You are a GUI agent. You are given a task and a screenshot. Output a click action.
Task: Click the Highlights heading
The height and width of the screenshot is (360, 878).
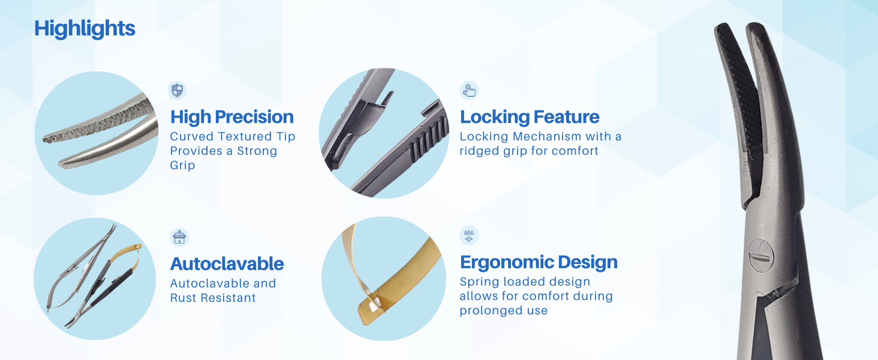pyautogui.click(x=85, y=29)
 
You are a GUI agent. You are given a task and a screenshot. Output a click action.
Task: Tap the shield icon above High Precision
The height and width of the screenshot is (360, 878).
pyautogui.click(x=177, y=90)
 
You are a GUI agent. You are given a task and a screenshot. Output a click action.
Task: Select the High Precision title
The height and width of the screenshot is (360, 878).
pyautogui.click(x=231, y=117)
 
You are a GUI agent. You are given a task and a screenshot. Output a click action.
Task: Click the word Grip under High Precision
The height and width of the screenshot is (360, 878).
pyautogui.click(x=182, y=165)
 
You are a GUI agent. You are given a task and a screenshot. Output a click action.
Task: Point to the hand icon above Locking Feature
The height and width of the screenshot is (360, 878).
pyautogui.click(x=469, y=91)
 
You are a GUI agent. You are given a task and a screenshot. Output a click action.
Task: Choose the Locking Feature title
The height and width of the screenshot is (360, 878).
pyautogui.click(x=530, y=117)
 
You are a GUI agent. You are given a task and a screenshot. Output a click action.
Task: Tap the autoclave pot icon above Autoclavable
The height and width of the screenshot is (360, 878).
pyautogui.click(x=179, y=237)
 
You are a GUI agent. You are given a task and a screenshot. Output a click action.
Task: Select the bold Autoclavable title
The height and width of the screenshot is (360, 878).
pyautogui.click(x=227, y=263)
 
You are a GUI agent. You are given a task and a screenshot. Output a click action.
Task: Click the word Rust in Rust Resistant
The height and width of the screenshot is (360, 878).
pyautogui.click(x=184, y=298)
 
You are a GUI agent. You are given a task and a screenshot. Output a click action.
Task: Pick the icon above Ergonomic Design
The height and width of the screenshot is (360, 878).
pyautogui.click(x=469, y=236)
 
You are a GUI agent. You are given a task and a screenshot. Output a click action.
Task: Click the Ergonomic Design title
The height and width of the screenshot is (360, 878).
pyautogui.click(x=539, y=262)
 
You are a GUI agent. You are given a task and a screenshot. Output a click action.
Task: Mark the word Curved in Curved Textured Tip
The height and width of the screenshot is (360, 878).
pyautogui.click(x=191, y=136)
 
